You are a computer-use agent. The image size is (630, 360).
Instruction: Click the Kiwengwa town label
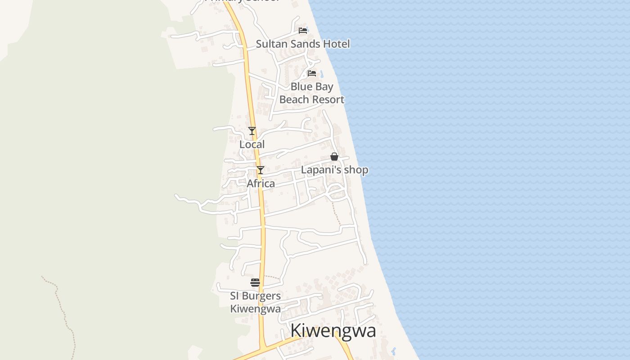[333, 331]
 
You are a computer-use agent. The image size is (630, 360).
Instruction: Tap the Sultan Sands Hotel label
[303, 44]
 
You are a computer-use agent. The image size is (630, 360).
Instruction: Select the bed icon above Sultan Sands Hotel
[303, 31]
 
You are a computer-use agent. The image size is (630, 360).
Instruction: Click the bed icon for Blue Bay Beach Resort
[311, 73]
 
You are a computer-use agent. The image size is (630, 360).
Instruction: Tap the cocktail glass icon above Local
[252, 131]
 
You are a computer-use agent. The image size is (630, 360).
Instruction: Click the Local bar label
[252, 144]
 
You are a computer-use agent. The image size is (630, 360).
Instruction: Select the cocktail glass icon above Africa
[260, 170]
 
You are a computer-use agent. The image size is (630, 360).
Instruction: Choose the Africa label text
[261, 184]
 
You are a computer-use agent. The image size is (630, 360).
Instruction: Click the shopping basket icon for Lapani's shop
[334, 157]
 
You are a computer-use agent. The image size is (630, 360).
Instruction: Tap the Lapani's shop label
[334, 170]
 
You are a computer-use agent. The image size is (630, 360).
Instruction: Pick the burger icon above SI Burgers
[255, 283]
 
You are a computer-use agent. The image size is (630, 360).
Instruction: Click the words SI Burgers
[255, 296]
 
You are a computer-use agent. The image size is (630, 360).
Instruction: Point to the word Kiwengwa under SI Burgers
[255, 309]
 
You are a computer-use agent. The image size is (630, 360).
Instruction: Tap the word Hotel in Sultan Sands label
[336, 44]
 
